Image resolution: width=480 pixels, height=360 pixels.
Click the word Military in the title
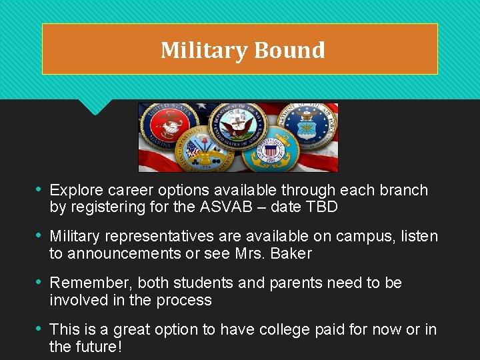click(x=203, y=50)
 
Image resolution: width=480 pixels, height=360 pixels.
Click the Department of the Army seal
click(x=203, y=153)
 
